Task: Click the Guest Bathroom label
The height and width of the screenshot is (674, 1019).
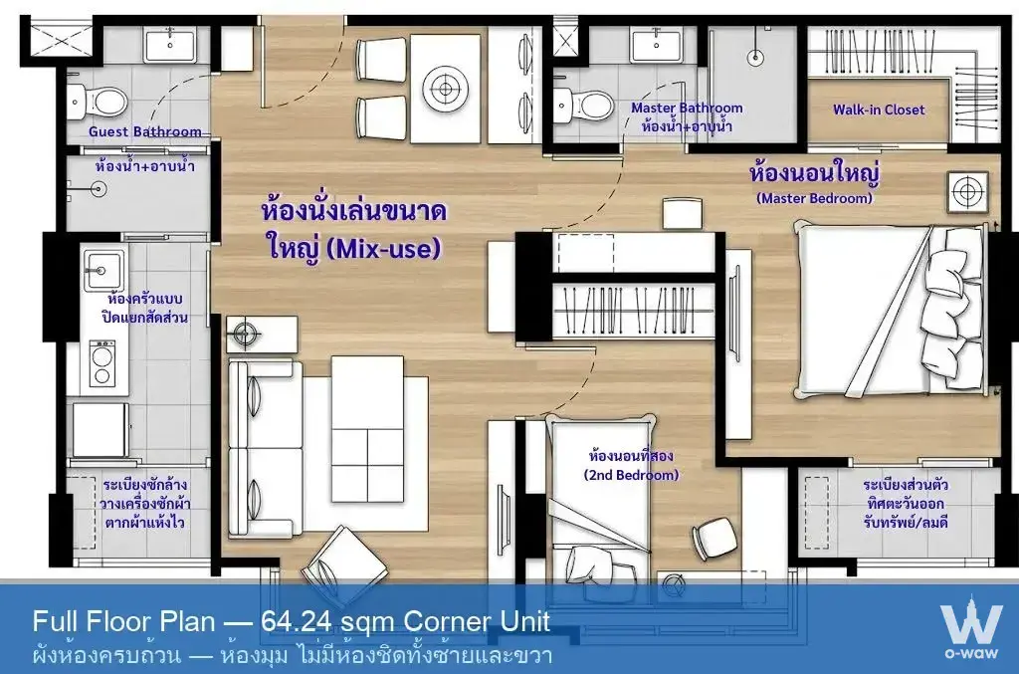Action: pos(145,131)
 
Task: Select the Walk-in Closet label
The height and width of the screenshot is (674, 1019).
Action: pos(879,110)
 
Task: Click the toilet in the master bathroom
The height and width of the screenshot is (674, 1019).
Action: pos(583,104)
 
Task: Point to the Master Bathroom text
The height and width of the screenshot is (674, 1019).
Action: pos(687,108)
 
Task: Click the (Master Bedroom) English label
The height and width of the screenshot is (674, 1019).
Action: pos(814,198)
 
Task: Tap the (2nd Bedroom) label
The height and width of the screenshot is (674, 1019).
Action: pos(631,475)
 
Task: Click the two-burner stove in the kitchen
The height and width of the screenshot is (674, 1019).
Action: pos(102,364)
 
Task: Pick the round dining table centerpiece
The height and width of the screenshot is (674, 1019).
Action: pos(445,88)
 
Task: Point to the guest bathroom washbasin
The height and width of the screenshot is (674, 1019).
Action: pos(169,45)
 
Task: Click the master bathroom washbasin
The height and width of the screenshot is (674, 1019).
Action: pos(657,45)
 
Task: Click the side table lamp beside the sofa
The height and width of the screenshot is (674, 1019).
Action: pos(245,335)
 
